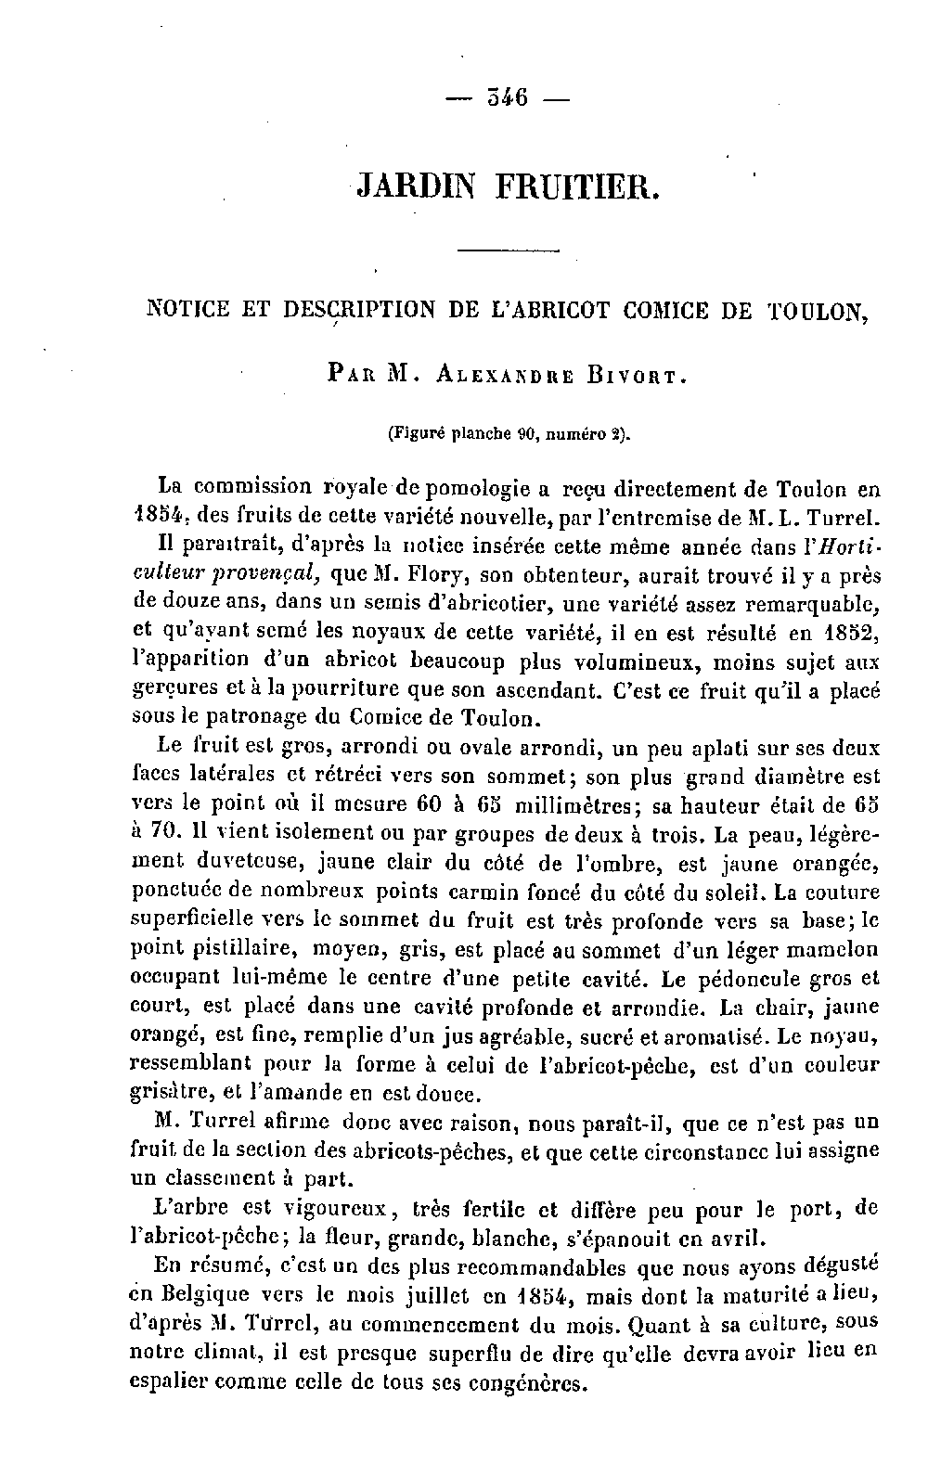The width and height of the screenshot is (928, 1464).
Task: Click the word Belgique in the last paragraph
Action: coord(206,1295)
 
